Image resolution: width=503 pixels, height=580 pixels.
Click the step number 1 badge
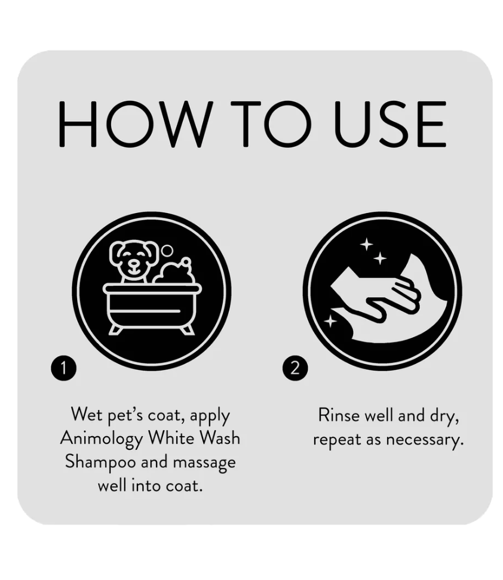64,368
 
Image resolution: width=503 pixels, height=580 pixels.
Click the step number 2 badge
295,368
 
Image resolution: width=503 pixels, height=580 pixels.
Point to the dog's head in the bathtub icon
134,259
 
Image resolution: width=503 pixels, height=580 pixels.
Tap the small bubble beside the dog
167,251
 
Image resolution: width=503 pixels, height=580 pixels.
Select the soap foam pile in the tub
174,272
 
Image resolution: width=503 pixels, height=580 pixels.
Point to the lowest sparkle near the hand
330,321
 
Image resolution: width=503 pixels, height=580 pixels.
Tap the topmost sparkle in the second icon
367,244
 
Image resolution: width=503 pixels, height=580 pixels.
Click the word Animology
102,439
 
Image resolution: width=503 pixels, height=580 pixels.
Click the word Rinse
339,415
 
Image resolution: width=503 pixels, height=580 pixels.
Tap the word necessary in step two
425,440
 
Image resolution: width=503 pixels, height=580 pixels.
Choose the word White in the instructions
171,438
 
